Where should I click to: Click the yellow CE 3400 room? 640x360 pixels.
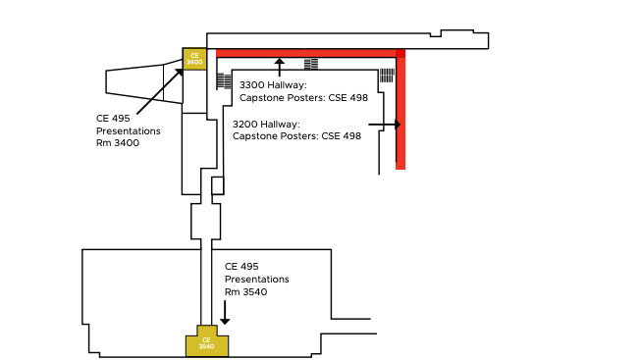tap(194, 59)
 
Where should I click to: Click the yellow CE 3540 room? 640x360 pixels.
tap(207, 343)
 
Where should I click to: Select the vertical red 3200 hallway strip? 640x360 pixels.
tap(400, 113)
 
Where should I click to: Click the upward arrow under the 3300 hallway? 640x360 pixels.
tap(280, 67)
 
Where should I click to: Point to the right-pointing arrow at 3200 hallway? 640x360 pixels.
tap(386, 125)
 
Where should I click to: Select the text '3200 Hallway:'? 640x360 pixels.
tap(266, 125)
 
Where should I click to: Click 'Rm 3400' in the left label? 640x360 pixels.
tap(118, 142)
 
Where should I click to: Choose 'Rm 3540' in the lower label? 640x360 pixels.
tap(246, 291)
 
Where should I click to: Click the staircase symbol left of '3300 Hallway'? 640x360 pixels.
tap(224, 80)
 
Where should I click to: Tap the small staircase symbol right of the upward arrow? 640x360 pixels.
tap(311, 65)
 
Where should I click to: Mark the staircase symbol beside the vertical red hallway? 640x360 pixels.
tap(387, 75)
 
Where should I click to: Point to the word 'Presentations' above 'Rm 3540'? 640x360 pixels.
tap(257, 279)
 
